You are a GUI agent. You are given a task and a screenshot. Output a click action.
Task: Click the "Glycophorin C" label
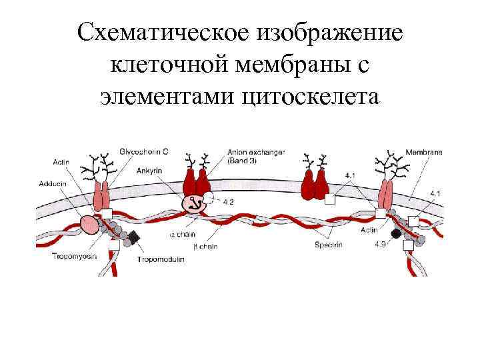[x=143, y=152]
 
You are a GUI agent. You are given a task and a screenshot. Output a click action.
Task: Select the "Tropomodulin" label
[x=160, y=259]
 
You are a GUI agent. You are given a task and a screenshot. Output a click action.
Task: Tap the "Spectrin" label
[x=329, y=245]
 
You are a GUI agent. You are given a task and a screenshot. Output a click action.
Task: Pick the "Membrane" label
[x=424, y=152]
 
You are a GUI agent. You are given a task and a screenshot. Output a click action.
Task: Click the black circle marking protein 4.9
[x=397, y=233]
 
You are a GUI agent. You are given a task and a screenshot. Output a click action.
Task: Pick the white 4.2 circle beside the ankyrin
[x=209, y=197]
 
